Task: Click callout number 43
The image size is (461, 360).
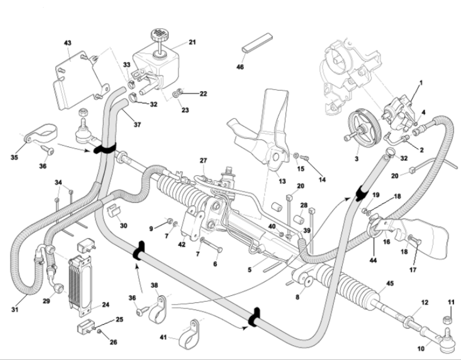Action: (x=67, y=43)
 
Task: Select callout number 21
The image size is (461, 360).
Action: (x=193, y=43)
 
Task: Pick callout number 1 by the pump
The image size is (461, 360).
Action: (x=421, y=82)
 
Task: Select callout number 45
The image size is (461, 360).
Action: (x=390, y=284)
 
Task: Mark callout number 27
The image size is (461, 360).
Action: (x=203, y=161)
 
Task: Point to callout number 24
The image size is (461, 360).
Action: (x=105, y=305)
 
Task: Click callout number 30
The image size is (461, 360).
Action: (x=124, y=226)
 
